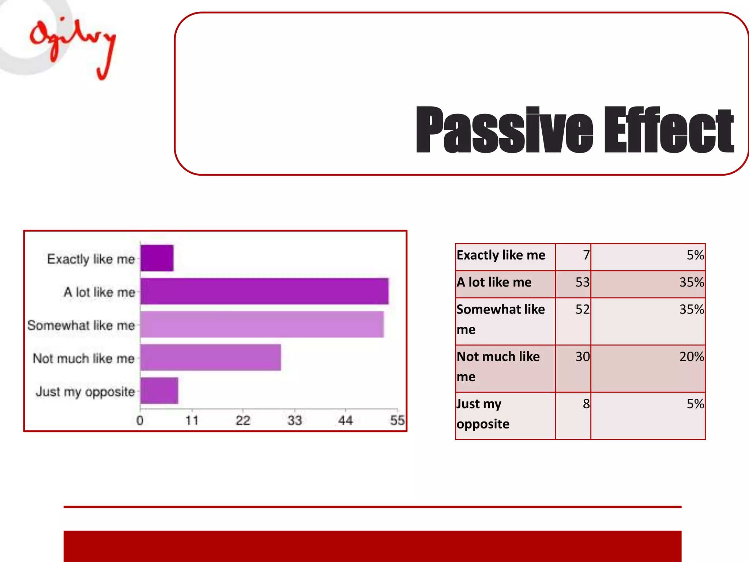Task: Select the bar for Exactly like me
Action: click(157, 258)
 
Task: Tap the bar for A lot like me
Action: click(264, 291)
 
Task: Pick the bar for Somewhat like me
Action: click(262, 324)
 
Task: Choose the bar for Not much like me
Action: click(210, 357)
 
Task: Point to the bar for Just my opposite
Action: click(159, 390)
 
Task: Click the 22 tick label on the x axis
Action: click(243, 420)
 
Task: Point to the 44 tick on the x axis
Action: click(346, 420)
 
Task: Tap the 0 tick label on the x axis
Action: click(140, 420)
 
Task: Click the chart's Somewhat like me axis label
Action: click(81, 325)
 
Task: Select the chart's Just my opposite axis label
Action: click(86, 391)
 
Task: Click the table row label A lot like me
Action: click(494, 282)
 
